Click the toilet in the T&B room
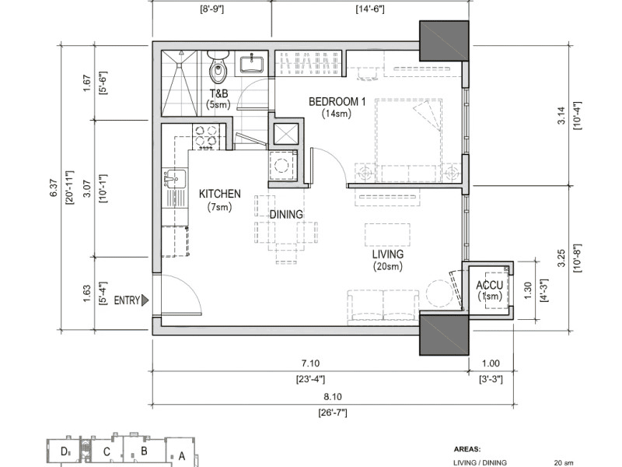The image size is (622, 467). click(218, 67)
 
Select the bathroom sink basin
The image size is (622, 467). click(251, 65)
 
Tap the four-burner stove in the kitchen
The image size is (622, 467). click(205, 136)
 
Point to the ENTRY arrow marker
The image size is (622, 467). click(145, 300)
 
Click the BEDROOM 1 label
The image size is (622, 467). click(337, 102)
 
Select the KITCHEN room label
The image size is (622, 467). click(220, 194)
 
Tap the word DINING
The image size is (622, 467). click(286, 215)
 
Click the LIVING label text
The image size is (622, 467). click(387, 255)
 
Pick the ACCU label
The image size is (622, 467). click(490, 285)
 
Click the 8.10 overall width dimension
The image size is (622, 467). click(333, 397)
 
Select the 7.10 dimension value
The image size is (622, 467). click(310, 363)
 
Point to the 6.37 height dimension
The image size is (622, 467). click(54, 188)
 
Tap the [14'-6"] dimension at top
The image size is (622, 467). click(370, 9)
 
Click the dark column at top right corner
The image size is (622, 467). click(444, 41)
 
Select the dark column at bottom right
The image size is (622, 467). click(444, 334)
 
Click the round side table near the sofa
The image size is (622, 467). click(439, 293)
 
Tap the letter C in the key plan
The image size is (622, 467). click(107, 452)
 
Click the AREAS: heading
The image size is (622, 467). click(467, 450)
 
